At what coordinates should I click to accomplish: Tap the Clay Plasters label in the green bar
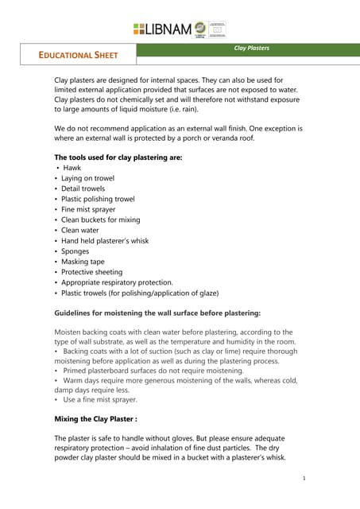click(250, 49)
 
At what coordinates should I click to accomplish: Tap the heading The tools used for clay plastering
click(118, 157)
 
